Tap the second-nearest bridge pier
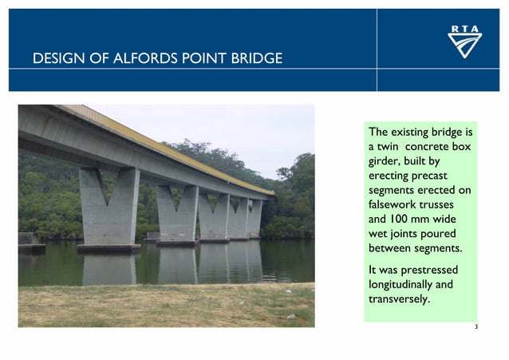(x=177, y=212)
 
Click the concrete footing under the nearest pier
(x=109, y=248)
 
